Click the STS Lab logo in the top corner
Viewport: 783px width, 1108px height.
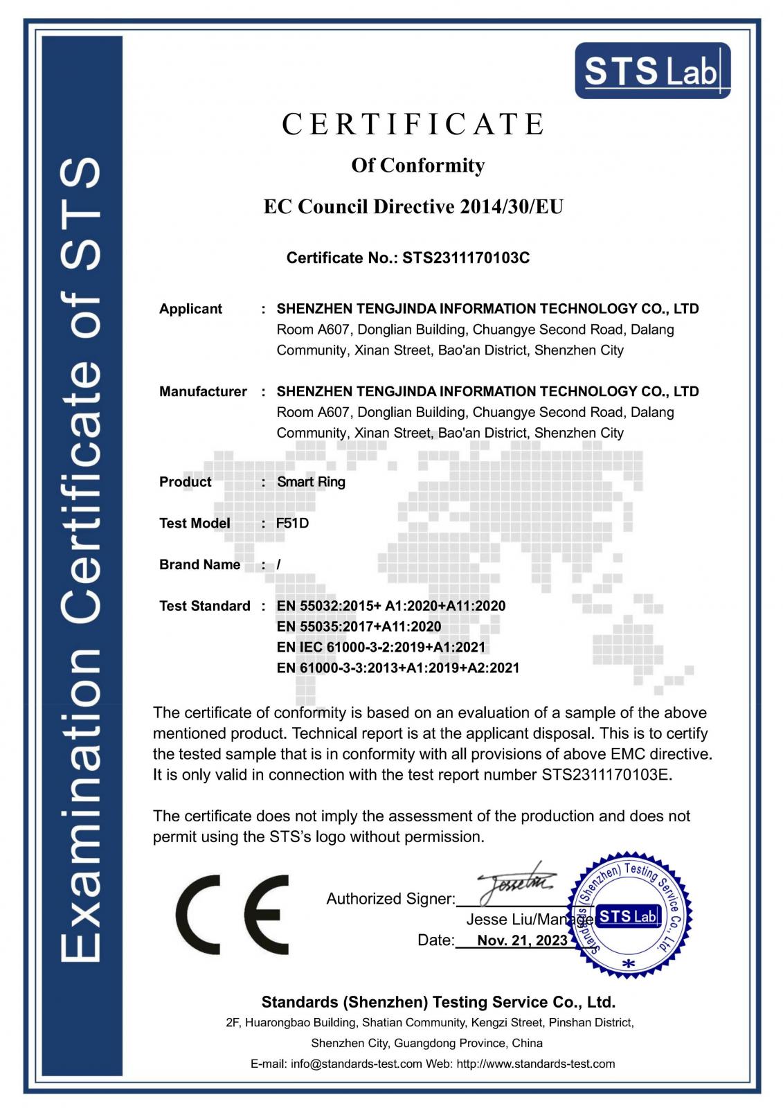coord(652,71)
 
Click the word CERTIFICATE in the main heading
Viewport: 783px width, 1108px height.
coord(414,125)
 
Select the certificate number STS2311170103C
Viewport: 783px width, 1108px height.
coord(466,258)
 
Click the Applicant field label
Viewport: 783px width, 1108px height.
coord(190,309)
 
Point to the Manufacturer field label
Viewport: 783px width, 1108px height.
coord(203,392)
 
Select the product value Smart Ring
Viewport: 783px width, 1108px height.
coord(311,482)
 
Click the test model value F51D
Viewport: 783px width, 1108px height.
coord(292,524)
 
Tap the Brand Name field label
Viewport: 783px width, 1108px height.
coord(199,565)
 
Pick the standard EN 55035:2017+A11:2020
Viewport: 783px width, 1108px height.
coord(359,627)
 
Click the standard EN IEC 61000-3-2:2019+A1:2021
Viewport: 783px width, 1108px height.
coord(381,647)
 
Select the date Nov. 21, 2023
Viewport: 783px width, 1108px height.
coord(522,940)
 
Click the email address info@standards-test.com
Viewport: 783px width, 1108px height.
coord(357,1064)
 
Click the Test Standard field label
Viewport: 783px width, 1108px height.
coord(204,607)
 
